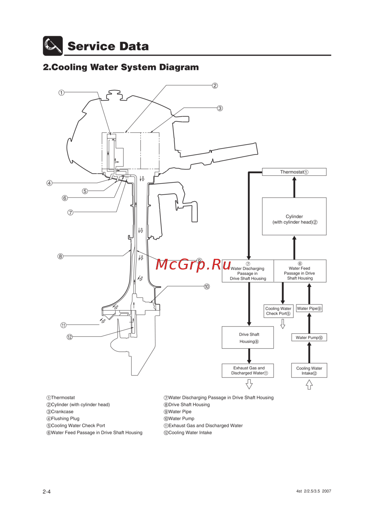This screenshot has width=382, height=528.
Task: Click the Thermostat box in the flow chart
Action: pos(294,172)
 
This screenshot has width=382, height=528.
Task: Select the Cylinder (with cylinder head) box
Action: pos(294,216)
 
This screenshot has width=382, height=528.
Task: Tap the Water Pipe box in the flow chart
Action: pos(309,309)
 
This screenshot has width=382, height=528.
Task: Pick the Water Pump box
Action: pos(309,338)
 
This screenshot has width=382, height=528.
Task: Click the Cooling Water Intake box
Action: pos(309,370)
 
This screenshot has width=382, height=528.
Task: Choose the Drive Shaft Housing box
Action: pos(248,338)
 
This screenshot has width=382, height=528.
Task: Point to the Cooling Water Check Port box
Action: pos(278,311)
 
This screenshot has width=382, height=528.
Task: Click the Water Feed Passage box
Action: pos(300,271)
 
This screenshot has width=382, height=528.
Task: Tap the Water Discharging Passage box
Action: pos(248,271)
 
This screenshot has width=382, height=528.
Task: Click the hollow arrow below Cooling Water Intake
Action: pos(309,385)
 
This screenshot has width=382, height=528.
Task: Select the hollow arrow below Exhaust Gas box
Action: pos(249,384)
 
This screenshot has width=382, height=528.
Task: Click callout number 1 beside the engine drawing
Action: pos(62,93)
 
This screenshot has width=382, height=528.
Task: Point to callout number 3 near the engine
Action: pos(220,108)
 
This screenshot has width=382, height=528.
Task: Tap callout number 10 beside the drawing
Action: pos(207,286)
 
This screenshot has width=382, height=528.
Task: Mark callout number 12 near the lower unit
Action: pos(70,337)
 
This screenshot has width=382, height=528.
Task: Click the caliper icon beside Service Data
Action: pos(53,46)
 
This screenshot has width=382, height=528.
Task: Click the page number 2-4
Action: pos(47,492)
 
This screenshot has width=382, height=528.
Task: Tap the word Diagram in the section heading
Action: pos(179,67)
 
